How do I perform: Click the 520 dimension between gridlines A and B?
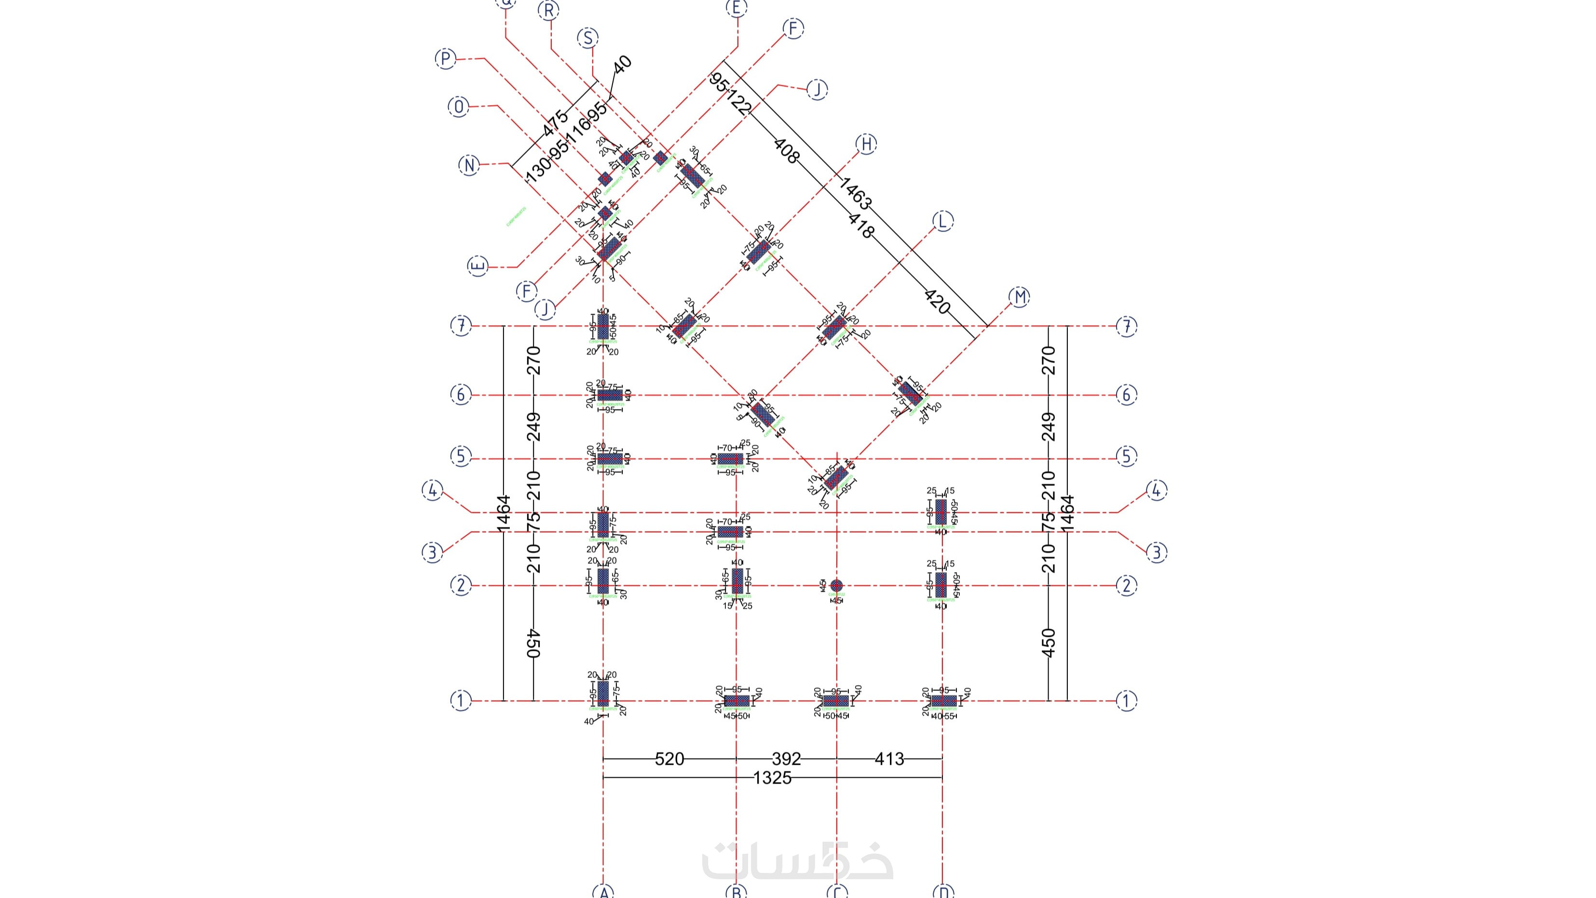click(669, 759)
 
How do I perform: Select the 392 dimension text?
click(786, 759)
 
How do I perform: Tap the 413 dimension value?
click(889, 759)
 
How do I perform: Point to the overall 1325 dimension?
click(772, 778)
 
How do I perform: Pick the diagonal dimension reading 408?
click(786, 151)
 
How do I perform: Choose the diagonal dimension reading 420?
click(937, 301)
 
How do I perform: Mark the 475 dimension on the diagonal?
click(555, 123)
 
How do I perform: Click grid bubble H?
click(866, 144)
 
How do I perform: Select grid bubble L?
click(942, 221)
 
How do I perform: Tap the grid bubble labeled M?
click(1019, 297)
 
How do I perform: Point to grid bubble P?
click(445, 59)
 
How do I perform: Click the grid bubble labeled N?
click(469, 165)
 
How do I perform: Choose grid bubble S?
click(587, 38)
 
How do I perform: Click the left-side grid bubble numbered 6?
click(460, 395)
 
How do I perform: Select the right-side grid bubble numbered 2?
click(1126, 585)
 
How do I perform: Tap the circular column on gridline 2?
click(836, 585)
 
